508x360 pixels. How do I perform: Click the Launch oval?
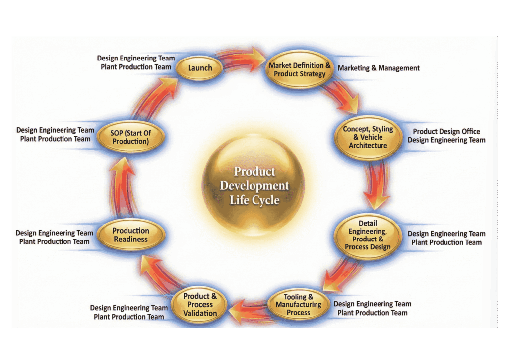[x=200, y=68]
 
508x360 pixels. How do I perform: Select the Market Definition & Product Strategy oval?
[x=299, y=70]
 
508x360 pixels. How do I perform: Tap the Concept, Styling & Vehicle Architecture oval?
[x=368, y=137]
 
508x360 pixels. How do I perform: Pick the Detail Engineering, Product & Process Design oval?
[x=368, y=236]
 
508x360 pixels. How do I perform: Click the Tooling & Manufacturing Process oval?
[x=298, y=304]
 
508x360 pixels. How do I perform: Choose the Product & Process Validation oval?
[x=200, y=304]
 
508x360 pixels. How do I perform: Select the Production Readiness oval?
[x=130, y=235]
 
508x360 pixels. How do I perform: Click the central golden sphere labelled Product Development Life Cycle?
[x=254, y=186]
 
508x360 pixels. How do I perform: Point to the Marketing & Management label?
[x=379, y=68]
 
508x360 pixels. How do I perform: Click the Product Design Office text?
[x=446, y=131]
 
